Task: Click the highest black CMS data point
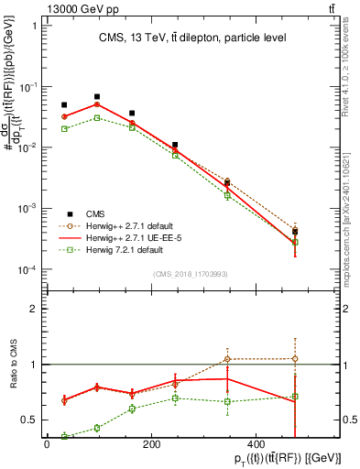tap(97, 96)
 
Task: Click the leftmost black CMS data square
tap(64, 105)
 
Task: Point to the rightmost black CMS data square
tap(320, 232)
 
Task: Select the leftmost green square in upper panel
tap(64, 129)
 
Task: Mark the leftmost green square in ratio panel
tap(64, 436)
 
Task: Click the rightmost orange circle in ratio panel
tap(320, 359)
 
